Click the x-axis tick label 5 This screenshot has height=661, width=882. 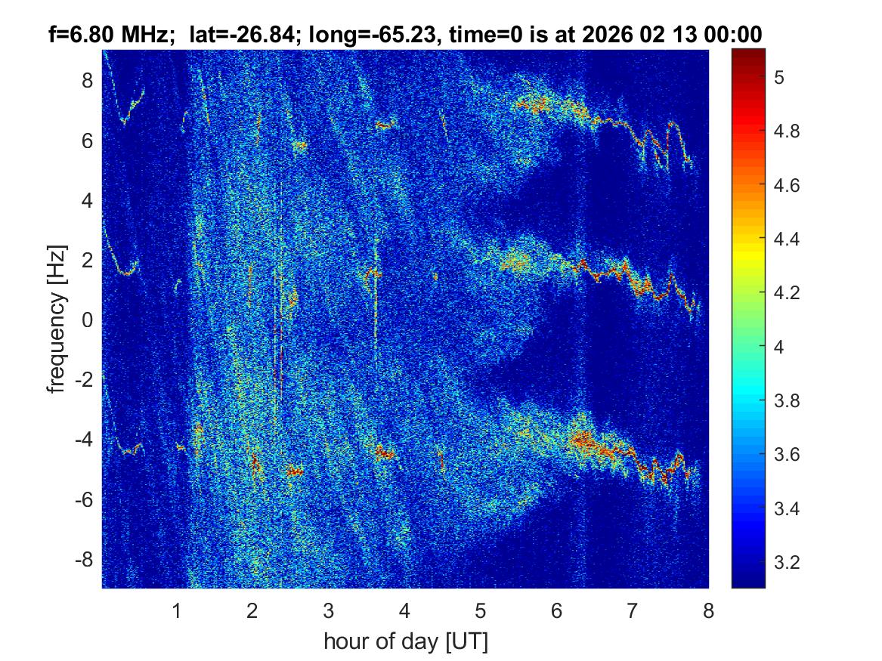click(x=481, y=610)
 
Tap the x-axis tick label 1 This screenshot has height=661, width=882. click(x=177, y=610)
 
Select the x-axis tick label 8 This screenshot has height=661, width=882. click(x=708, y=610)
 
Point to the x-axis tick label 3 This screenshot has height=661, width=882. click(x=329, y=610)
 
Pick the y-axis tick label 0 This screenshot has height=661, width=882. click(x=90, y=320)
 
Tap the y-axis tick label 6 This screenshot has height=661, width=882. click(x=90, y=141)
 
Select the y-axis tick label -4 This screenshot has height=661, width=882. click(x=85, y=440)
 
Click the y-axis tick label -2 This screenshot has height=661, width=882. click(x=85, y=380)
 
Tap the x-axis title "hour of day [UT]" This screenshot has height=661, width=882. click(x=406, y=642)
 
